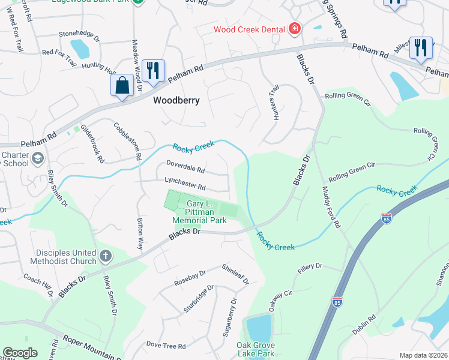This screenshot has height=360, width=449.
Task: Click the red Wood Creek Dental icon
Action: (294, 28)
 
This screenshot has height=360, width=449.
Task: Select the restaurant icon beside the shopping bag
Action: (153, 70)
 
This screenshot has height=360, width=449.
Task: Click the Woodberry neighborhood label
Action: (176, 100)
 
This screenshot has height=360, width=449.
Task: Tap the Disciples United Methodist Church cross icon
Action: (105, 256)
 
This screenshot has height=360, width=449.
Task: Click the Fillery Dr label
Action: (310, 265)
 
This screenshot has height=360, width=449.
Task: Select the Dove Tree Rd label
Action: (166, 346)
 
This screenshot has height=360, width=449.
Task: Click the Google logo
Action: (20, 353)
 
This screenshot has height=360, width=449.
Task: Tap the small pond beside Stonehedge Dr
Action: (79, 48)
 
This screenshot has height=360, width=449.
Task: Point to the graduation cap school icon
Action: (38, 158)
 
